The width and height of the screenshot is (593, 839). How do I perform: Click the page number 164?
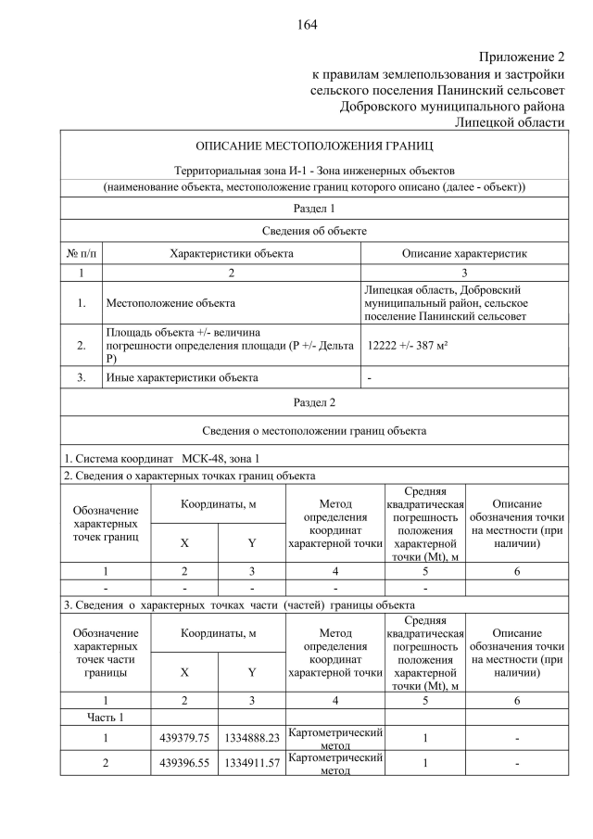point(307,25)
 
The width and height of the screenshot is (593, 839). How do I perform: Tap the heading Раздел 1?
point(313,209)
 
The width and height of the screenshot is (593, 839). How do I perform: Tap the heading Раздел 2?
point(313,402)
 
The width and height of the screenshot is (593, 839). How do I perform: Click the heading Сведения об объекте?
point(313,231)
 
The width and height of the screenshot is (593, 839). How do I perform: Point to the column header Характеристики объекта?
point(231,253)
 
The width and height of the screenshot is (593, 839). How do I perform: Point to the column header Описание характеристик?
point(463,253)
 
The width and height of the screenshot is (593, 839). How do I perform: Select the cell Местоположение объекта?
point(170,303)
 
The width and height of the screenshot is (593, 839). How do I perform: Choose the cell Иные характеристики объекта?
point(182,377)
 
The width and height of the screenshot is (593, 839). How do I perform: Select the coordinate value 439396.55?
point(183,765)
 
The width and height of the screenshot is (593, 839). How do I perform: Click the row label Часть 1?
point(105,717)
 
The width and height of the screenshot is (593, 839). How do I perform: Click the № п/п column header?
point(81,253)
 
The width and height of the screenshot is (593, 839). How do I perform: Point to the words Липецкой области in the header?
point(509,122)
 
